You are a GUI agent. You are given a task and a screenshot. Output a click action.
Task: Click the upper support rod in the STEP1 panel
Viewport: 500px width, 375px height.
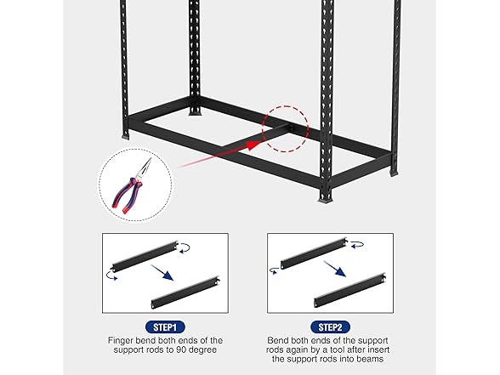coord(144,254)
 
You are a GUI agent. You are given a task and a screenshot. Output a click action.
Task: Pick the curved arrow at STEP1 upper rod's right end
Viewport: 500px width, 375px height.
coord(185,247)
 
